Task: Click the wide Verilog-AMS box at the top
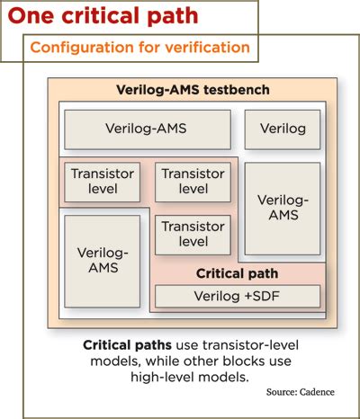click(146, 129)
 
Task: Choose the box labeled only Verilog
click(283, 129)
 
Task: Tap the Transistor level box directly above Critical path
click(193, 234)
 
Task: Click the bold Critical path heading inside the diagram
click(237, 273)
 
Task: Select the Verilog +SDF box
click(238, 296)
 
